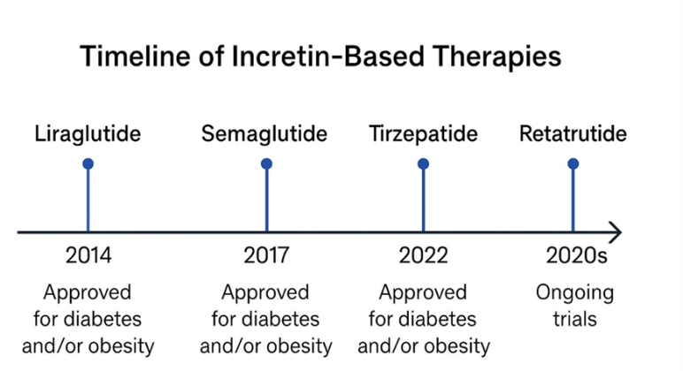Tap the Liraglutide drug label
(x=88, y=135)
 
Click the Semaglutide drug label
(x=265, y=135)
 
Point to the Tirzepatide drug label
(x=423, y=135)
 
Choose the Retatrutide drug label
(x=572, y=135)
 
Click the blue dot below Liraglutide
(x=88, y=163)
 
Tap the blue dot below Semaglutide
(x=266, y=163)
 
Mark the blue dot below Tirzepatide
(x=423, y=163)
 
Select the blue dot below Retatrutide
(x=572, y=163)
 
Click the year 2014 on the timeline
(x=88, y=257)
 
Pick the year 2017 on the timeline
(x=266, y=257)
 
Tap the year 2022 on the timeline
(x=423, y=257)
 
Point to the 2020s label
(x=573, y=257)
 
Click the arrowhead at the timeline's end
(x=615, y=232)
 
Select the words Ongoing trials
(x=573, y=305)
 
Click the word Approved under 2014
(x=88, y=292)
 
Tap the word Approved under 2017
(x=265, y=292)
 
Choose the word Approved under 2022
(x=423, y=292)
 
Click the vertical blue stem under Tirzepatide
(x=423, y=199)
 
